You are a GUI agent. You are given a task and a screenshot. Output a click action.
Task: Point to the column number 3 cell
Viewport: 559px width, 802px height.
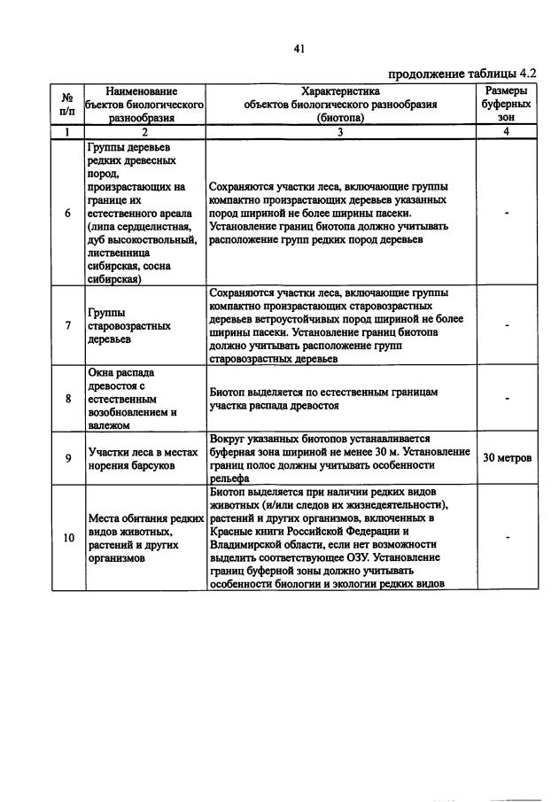pyautogui.click(x=340, y=132)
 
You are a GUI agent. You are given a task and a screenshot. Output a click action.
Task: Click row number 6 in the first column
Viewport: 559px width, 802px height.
pyautogui.click(x=67, y=213)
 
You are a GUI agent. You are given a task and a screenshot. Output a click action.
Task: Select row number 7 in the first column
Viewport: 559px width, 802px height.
pyautogui.click(x=67, y=325)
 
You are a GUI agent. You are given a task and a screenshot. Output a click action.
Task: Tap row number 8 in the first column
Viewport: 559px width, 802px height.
pyautogui.click(x=67, y=399)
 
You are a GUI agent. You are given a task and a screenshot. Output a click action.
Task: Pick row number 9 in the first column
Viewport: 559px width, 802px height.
pyautogui.click(x=67, y=458)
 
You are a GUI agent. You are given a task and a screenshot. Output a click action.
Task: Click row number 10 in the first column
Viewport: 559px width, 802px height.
pyautogui.click(x=67, y=537)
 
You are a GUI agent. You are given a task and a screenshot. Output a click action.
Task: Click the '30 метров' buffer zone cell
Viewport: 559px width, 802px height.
pyautogui.click(x=507, y=458)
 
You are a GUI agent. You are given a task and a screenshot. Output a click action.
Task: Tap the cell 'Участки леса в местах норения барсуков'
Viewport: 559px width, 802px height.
pyautogui.click(x=141, y=458)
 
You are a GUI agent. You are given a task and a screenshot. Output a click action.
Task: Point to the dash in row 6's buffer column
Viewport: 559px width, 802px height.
pyautogui.click(x=507, y=214)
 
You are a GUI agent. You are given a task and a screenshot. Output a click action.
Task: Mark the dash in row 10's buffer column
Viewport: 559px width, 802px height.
pyautogui.click(x=507, y=537)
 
